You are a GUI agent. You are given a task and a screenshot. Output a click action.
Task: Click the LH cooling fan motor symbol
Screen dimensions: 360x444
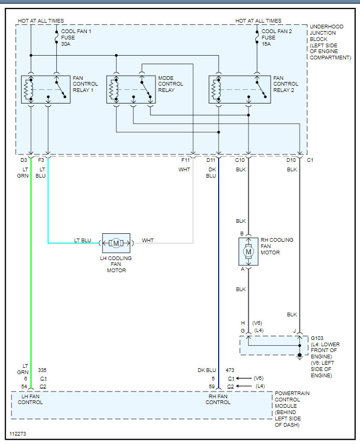116,243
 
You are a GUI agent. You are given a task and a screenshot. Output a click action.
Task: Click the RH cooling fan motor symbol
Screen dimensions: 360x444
249,252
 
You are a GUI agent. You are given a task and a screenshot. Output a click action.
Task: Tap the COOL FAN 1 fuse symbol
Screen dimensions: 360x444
57,37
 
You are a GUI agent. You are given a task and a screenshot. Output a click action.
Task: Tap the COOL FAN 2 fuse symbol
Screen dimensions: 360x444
257,37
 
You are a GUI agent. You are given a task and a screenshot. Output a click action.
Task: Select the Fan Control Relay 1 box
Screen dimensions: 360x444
46,89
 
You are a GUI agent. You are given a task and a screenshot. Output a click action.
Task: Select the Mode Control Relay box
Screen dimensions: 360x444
131,89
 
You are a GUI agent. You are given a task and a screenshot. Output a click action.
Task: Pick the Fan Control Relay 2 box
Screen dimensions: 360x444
240,89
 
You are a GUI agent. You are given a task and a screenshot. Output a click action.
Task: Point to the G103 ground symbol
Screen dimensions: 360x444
300,356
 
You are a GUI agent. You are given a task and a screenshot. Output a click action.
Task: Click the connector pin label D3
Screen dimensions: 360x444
24,160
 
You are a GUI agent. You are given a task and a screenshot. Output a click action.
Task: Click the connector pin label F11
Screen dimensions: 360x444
186,160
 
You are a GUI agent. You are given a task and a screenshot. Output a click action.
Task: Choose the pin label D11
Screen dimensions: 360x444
211,160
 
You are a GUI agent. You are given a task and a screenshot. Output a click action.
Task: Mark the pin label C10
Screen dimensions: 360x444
240,160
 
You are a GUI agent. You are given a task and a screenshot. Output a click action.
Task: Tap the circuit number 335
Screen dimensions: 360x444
42,370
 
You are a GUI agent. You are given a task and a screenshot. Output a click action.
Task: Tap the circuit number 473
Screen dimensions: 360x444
230,370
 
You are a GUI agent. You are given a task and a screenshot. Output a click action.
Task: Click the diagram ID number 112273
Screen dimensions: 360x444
18,434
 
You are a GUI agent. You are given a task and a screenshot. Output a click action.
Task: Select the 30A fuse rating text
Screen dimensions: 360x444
66,44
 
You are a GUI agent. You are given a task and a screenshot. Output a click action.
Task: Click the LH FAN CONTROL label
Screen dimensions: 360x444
30,399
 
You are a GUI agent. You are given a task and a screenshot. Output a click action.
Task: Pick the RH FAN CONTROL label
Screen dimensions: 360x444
218,399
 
